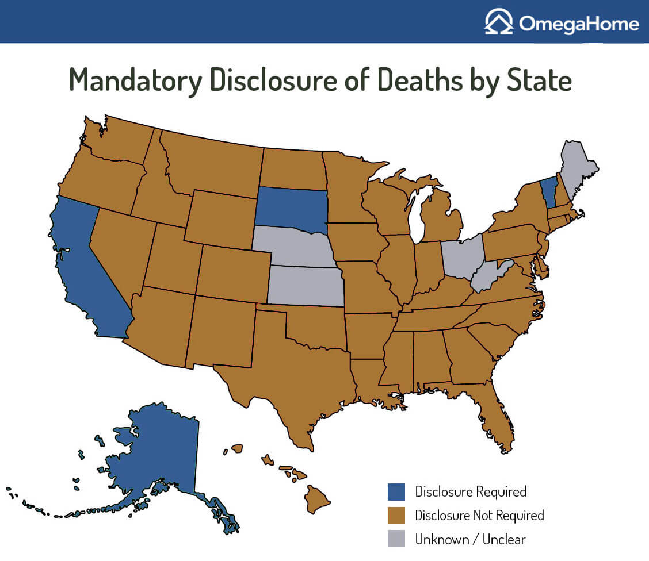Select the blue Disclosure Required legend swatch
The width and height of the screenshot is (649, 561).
396,492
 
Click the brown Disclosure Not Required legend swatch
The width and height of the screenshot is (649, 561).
396,516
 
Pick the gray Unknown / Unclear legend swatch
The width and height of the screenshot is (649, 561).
396,539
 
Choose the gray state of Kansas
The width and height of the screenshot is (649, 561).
305,286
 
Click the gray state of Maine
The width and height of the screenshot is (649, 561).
577,166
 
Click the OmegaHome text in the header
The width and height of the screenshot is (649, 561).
579,24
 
